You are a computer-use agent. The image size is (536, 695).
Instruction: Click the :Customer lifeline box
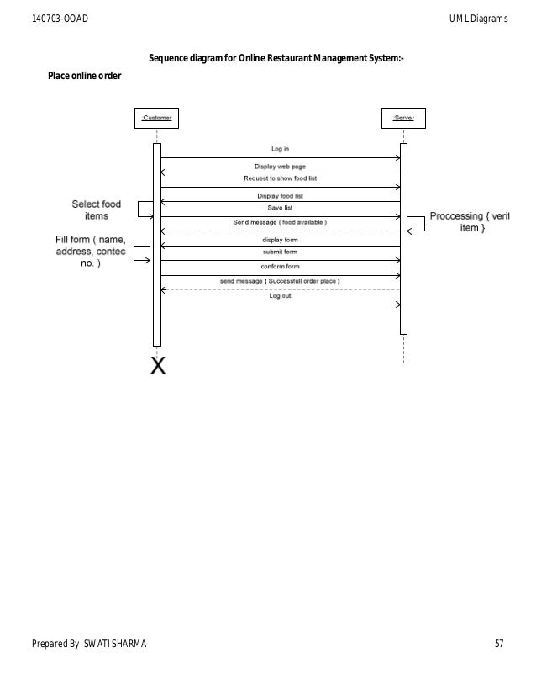tap(156, 119)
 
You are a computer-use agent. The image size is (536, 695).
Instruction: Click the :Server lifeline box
tap(403, 119)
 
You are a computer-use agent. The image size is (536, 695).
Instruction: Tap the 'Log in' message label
tap(280, 150)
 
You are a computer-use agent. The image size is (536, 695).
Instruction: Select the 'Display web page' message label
tap(280, 166)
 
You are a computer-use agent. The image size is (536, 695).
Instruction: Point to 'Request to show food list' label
tap(280, 179)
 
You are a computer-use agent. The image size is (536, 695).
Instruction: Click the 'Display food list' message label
tap(280, 195)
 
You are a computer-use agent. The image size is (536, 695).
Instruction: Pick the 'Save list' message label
tap(280, 208)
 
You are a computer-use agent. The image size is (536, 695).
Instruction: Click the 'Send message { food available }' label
tap(280, 222)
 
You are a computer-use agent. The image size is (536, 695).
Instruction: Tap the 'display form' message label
tap(280, 240)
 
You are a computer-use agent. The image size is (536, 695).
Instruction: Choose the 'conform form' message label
tap(280, 267)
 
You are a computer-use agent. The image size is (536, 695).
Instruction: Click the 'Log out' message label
tap(280, 296)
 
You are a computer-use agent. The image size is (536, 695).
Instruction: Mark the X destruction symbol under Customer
tap(157, 366)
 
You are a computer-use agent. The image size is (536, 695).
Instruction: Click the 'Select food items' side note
tap(97, 210)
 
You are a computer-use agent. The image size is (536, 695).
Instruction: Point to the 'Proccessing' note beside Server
tap(469, 222)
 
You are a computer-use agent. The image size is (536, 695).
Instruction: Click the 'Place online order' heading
tap(83, 77)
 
